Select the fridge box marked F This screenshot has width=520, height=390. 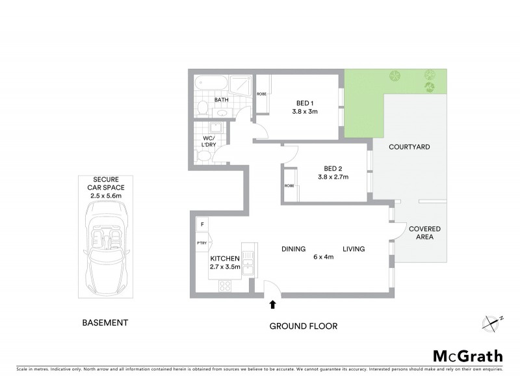(x=202, y=224)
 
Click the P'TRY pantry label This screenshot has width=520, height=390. (x=201, y=243)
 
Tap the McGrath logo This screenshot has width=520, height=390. (x=467, y=356)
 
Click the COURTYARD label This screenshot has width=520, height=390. (x=409, y=148)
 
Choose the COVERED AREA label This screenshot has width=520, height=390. (x=424, y=233)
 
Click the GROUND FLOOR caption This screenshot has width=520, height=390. (x=303, y=326)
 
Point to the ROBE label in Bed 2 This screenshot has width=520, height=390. (x=289, y=186)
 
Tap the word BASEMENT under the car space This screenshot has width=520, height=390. (x=105, y=322)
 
